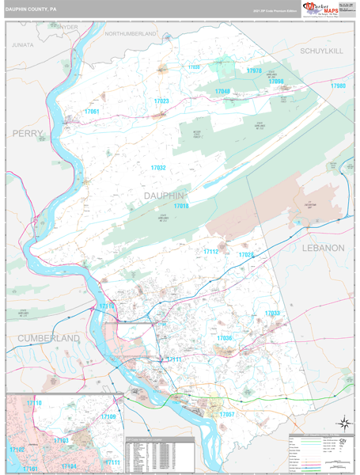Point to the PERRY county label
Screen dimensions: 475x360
pyautogui.click(x=28, y=134)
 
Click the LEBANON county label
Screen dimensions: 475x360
pyautogui.click(x=324, y=248)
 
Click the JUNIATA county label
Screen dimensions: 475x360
pyautogui.click(x=23, y=46)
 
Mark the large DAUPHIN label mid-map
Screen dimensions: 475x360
pyautogui.click(x=165, y=195)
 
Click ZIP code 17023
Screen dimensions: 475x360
pyautogui.click(x=161, y=101)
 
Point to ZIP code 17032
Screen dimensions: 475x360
pyautogui.click(x=158, y=168)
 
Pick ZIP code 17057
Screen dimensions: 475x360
pyautogui.click(x=227, y=414)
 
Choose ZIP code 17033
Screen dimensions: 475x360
pyautogui.click(x=272, y=313)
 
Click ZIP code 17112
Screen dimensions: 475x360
pyautogui.click(x=210, y=252)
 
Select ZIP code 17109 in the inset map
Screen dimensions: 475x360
pyautogui.click(x=108, y=416)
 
